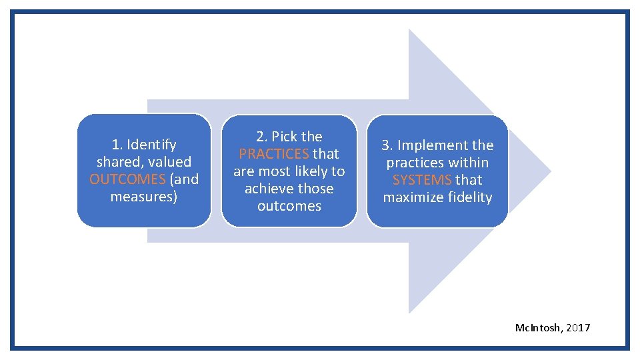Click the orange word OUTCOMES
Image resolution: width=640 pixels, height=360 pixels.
click(x=127, y=179)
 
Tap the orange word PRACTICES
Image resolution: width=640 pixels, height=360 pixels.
click(x=274, y=154)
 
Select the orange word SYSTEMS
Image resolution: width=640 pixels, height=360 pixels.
click(x=422, y=180)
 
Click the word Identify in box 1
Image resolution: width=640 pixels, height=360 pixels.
click(x=152, y=145)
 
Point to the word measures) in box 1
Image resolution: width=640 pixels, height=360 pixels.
click(x=144, y=197)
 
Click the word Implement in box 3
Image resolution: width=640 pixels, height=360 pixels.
click(x=434, y=145)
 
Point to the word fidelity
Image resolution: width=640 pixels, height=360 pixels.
click(x=470, y=197)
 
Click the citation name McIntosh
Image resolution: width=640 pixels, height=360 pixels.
click(x=539, y=327)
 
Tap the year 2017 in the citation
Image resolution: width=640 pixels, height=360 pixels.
click(x=578, y=327)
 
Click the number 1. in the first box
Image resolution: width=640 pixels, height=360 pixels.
click(x=117, y=145)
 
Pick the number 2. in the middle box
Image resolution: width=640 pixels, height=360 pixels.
click(x=262, y=137)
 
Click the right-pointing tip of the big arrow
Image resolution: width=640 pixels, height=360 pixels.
click(x=549, y=171)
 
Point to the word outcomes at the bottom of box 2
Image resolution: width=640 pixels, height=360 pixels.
click(x=289, y=206)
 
